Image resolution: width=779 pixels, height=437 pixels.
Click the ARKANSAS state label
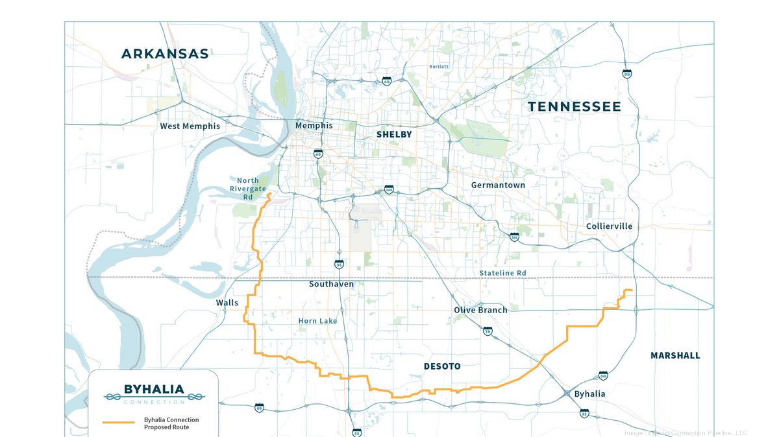click(x=165, y=54)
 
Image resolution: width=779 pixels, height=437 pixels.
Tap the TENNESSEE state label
click(x=574, y=106)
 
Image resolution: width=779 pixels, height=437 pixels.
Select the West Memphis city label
click(x=190, y=126)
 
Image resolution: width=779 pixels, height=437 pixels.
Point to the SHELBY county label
click(x=394, y=134)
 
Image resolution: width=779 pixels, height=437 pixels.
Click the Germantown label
click(x=498, y=185)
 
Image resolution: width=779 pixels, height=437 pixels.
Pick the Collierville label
click(x=609, y=226)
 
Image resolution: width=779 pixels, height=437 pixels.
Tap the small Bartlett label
click(x=439, y=67)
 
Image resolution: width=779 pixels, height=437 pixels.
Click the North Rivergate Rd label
click(x=247, y=189)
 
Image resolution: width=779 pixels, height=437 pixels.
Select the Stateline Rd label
click(x=502, y=273)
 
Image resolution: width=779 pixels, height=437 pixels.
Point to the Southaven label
click(x=331, y=284)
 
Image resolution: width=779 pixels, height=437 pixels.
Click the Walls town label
click(x=227, y=303)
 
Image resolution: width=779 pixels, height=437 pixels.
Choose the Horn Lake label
click(x=317, y=321)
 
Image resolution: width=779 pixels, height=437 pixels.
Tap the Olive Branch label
click(x=480, y=310)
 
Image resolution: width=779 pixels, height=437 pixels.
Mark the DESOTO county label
click(x=442, y=366)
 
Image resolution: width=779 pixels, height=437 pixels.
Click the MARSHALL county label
click(x=675, y=355)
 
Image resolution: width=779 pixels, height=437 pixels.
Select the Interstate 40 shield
click(x=387, y=82)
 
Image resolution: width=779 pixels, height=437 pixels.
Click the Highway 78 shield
click(x=488, y=331)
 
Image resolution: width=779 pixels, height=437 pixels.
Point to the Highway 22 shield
click(x=584, y=413)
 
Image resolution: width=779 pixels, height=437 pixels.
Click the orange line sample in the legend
click(x=119, y=422)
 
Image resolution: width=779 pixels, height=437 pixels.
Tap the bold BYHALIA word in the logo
click(x=154, y=390)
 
